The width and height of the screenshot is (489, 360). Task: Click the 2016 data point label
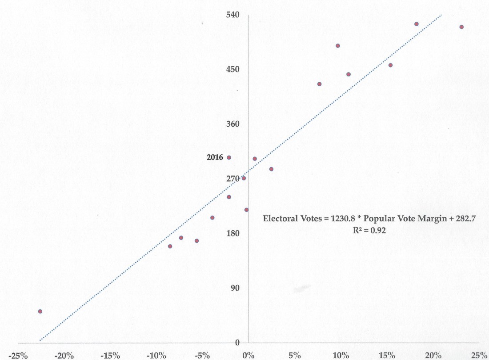(215, 157)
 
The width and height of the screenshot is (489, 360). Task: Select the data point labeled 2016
(229, 157)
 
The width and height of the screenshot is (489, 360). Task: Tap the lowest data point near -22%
(40, 312)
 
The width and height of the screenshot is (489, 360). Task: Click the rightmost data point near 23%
(461, 27)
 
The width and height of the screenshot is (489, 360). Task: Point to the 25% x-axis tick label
(479, 355)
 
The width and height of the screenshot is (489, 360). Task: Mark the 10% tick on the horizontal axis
(341, 355)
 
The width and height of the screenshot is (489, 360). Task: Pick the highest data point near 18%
(417, 24)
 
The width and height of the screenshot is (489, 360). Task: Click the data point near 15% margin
(390, 65)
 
